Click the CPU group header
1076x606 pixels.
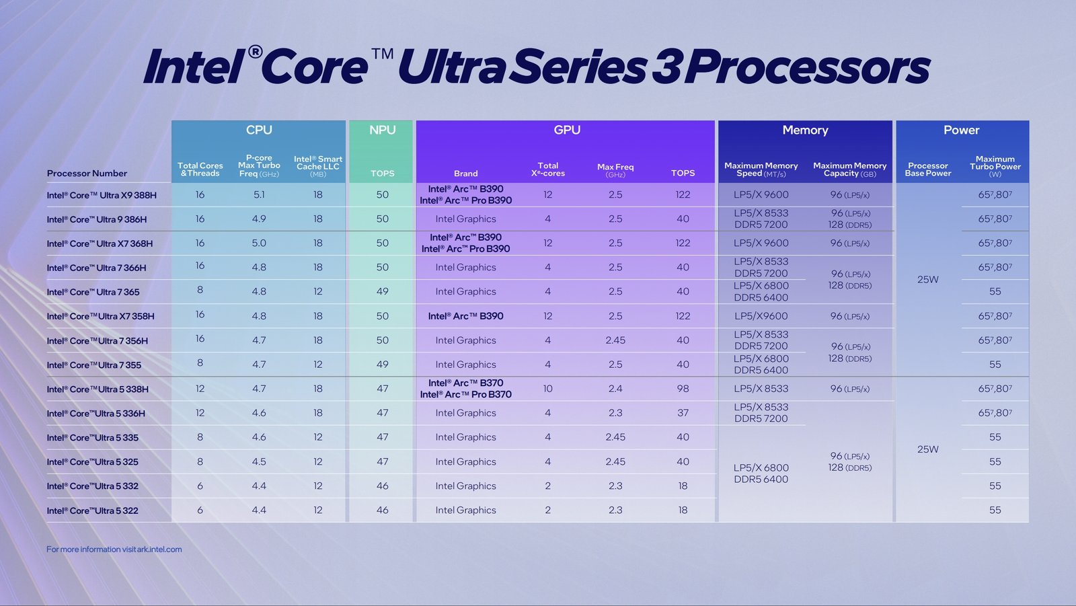pyautogui.click(x=259, y=130)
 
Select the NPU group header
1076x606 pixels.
pyautogui.click(x=382, y=130)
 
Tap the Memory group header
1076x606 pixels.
pyautogui.click(x=805, y=130)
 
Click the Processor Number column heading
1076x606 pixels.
pyautogui.click(x=87, y=173)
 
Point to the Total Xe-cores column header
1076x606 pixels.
pyautogui.click(x=547, y=169)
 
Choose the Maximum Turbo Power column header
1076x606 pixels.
pyautogui.click(x=995, y=166)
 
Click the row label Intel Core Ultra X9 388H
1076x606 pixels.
pyautogui.click(x=102, y=195)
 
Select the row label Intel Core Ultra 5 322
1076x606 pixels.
pyautogui.click(x=92, y=510)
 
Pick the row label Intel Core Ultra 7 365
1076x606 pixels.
pyautogui.click(x=93, y=292)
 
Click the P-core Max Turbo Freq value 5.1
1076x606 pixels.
pyautogui.click(x=259, y=194)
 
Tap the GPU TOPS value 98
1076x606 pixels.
pyautogui.click(x=683, y=389)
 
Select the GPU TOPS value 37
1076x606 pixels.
pyautogui.click(x=683, y=413)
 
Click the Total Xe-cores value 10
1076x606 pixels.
pyautogui.click(x=547, y=389)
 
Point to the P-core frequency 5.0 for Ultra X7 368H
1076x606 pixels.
pyautogui.click(x=259, y=243)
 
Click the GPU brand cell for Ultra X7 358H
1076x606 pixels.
pyautogui.click(x=465, y=316)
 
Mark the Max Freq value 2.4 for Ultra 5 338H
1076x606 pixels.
pyautogui.click(x=615, y=389)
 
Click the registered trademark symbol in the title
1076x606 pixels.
pyautogui.click(x=255, y=52)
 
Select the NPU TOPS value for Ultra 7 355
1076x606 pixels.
pyautogui.click(x=382, y=365)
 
